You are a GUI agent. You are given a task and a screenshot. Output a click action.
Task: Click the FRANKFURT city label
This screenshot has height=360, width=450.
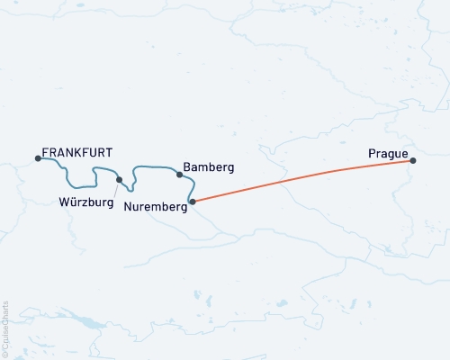pos(76,152)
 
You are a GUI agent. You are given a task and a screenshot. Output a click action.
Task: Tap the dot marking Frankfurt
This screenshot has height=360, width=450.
pos(38,158)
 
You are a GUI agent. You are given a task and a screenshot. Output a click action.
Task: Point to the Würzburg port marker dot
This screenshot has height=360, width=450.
pos(119,179)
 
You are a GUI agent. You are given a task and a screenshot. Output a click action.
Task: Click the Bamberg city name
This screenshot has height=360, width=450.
pos(208,167)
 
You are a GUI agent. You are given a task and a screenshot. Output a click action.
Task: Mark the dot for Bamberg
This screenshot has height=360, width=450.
pos(179,175)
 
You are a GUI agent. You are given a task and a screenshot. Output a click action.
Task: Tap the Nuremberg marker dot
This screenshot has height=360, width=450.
pos(193,202)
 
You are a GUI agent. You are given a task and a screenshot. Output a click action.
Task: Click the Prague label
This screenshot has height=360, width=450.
pos(387,154)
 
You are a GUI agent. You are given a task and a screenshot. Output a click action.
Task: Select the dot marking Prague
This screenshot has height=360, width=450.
pos(413,160)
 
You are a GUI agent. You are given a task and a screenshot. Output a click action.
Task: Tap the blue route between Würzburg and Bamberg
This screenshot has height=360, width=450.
pos(153,166)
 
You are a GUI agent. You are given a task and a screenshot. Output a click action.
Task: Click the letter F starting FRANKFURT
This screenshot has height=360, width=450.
pos(45,152)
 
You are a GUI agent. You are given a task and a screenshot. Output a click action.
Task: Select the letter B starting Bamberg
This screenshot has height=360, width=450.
pos(186,167)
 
